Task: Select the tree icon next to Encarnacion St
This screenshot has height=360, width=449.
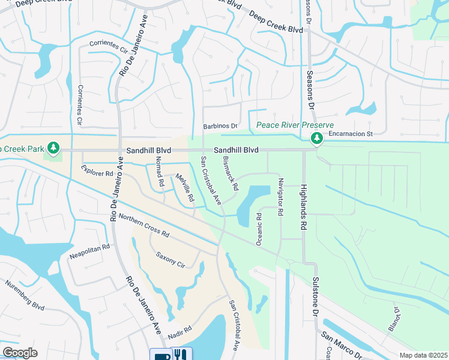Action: tap(316, 139)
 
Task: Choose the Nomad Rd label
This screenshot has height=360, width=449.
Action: tap(160, 170)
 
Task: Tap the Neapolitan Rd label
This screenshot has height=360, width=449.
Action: tap(89, 247)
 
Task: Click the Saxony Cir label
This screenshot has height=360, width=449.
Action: tap(169, 259)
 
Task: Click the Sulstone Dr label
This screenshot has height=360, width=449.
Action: tap(313, 297)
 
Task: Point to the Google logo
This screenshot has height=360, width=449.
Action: tap(20, 353)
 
